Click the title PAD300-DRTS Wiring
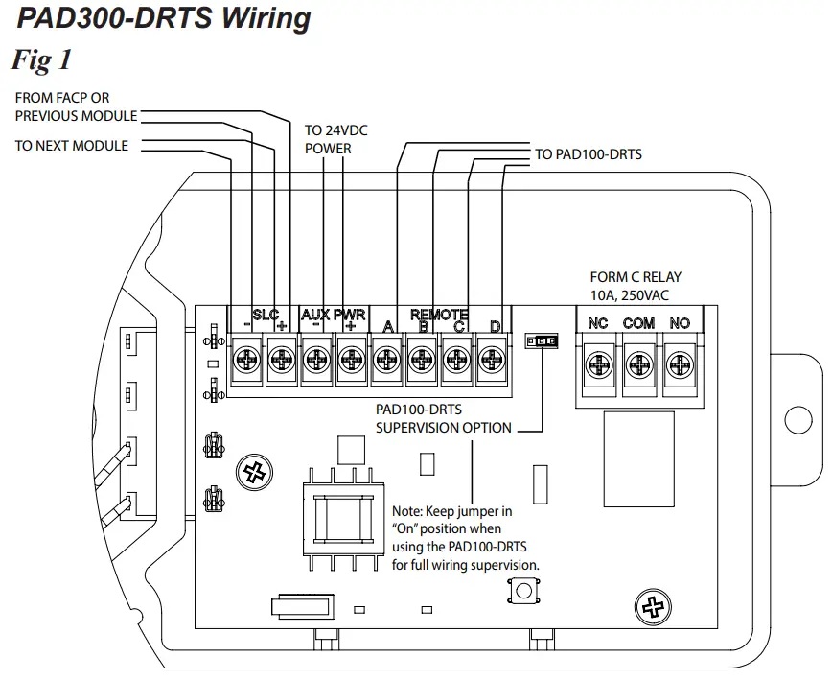pyautogui.click(x=164, y=18)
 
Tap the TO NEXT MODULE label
pyautogui.click(x=72, y=146)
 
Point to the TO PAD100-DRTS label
pyautogui.click(x=588, y=153)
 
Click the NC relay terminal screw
pyautogui.click(x=598, y=364)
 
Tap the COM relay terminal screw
pyautogui.click(x=638, y=364)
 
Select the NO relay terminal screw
pyautogui.click(x=680, y=364)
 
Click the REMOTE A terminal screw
pyautogui.click(x=386, y=362)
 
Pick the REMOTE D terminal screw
pyautogui.click(x=492, y=362)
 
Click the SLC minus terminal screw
pyautogui.click(x=246, y=362)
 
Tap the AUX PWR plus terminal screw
pyautogui.click(x=351, y=362)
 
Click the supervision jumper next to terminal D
pyautogui.click(x=542, y=341)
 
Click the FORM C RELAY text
pyautogui.click(x=636, y=277)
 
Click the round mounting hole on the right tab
pyautogui.click(x=797, y=420)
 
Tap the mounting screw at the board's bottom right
pyautogui.click(x=653, y=606)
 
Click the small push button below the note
pyautogui.click(x=522, y=591)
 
